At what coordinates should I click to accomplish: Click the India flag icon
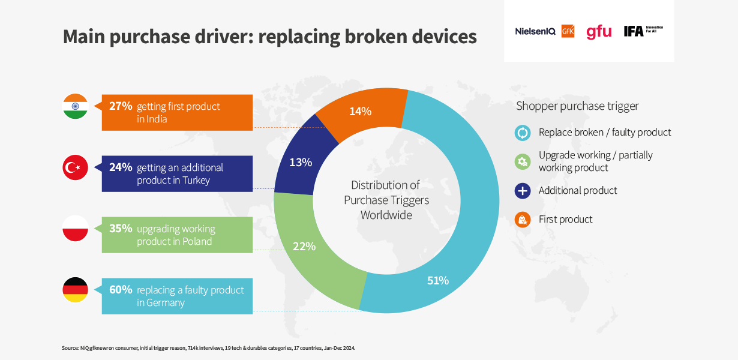(x=75, y=106)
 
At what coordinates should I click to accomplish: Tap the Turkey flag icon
(x=75, y=167)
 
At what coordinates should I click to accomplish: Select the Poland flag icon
(x=75, y=228)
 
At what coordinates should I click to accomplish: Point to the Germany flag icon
(x=75, y=290)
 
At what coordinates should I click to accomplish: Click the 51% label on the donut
(x=438, y=281)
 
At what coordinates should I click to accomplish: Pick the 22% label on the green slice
(x=304, y=247)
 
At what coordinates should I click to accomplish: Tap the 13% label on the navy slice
(x=301, y=163)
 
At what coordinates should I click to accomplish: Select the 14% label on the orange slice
(x=360, y=112)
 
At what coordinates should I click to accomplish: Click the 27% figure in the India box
(x=121, y=106)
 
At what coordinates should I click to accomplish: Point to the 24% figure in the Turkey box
(x=121, y=167)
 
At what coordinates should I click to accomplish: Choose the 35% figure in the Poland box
(x=121, y=228)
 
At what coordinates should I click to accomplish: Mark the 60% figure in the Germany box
(x=121, y=290)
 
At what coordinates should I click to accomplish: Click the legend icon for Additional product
(x=523, y=191)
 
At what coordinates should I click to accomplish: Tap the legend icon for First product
(x=523, y=220)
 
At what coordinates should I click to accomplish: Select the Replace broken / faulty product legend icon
(x=523, y=133)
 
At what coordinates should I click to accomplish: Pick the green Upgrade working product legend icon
(x=523, y=162)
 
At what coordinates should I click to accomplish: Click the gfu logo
(x=599, y=32)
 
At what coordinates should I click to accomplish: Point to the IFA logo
(x=643, y=31)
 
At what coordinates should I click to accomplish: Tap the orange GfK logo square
(x=568, y=31)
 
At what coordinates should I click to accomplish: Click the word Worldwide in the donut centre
(x=386, y=215)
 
